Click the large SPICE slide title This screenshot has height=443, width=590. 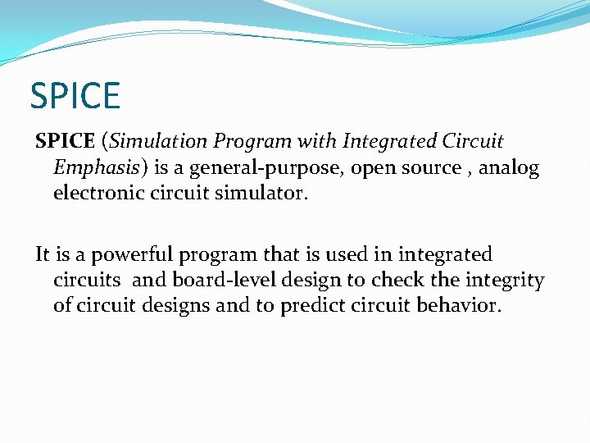point(75,95)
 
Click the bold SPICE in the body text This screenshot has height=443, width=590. point(65,141)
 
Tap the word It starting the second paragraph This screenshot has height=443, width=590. point(43,254)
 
